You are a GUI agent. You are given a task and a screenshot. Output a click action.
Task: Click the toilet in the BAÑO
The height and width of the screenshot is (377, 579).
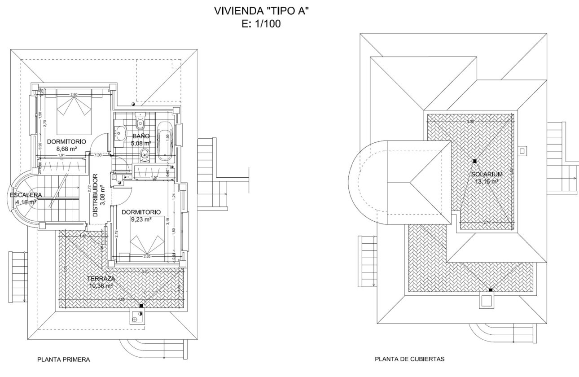[x=141, y=122]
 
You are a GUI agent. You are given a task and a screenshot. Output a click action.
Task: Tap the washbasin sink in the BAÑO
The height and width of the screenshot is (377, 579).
[x=120, y=133]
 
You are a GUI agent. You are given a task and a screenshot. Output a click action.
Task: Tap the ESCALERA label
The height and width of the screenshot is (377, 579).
[x=26, y=195]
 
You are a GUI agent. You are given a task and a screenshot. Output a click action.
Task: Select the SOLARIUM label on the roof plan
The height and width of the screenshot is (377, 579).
[x=487, y=174]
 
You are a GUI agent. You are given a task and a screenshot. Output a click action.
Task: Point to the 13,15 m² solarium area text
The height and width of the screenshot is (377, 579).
[x=487, y=181]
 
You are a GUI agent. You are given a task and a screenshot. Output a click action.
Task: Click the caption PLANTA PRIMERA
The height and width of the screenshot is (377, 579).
[x=64, y=359]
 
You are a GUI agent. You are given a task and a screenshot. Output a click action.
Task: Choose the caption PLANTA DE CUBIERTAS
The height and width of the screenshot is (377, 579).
[x=409, y=359]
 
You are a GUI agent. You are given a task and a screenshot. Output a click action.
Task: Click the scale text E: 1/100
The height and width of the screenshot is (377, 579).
[x=261, y=25]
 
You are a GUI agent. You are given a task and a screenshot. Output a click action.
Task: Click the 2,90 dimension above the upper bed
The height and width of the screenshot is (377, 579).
[x=74, y=95]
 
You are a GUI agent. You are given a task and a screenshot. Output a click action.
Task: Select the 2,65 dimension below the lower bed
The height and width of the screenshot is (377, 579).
[x=147, y=257]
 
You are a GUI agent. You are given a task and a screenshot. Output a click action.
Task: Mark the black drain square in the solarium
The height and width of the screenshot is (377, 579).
[x=474, y=161]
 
